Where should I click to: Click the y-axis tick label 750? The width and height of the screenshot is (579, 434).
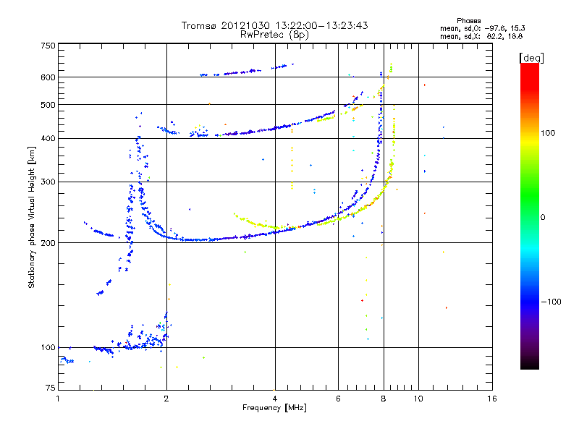tap(47, 46)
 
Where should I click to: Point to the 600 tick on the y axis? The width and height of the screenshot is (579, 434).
tap(47, 77)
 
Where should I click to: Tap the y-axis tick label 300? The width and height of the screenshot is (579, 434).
tap(47, 182)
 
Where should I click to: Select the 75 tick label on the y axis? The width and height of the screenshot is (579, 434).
tap(49, 389)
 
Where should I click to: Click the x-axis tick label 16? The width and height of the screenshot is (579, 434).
tap(491, 399)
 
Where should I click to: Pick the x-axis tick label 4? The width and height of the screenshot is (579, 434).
tap(275, 399)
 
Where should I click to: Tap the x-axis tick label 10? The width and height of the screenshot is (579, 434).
tap(418, 399)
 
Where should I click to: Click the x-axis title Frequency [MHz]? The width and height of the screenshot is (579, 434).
tap(274, 409)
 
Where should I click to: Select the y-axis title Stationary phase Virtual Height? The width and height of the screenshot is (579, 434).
tap(32, 218)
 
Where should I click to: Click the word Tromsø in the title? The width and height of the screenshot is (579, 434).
tap(198, 25)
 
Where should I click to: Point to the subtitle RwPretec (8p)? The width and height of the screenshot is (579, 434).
tap(274, 34)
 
